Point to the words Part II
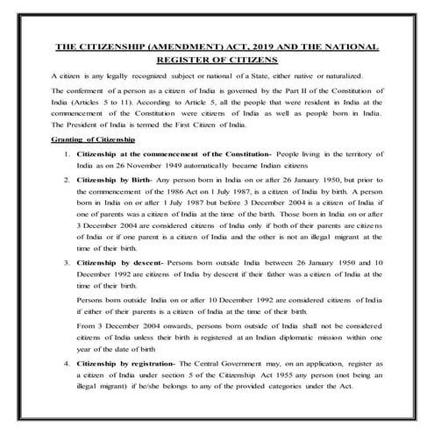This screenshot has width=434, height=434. click(286, 92)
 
